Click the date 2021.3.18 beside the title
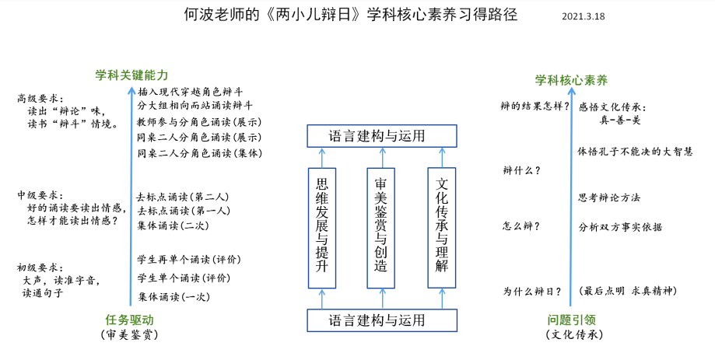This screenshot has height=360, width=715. (x=584, y=16)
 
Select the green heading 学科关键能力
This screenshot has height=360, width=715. (x=131, y=75)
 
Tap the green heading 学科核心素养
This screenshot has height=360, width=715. (x=571, y=80)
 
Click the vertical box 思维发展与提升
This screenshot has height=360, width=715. (x=322, y=228)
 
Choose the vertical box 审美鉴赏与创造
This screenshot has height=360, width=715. (x=380, y=228)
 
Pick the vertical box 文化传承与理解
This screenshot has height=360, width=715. (x=441, y=228)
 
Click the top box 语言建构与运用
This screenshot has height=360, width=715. (x=382, y=136)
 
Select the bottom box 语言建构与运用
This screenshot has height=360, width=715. (x=382, y=320)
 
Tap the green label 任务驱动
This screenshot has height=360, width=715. (x=129, y=320)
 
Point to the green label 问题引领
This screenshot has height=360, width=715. (x=572, y=320)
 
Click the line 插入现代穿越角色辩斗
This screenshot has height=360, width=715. (x=191, y=92)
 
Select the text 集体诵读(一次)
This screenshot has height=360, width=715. (x=173, y=297)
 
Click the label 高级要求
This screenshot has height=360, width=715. (x=40, y=99)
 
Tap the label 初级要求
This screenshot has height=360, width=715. (x=40, y=267)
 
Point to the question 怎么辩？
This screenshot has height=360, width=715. (x=521, y=226)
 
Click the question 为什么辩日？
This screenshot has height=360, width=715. (x=532, y=292)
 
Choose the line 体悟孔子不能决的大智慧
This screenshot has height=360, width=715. (x=635, y=152)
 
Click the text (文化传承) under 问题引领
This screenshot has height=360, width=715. (x=574, y=335)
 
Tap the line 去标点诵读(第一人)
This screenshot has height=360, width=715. (x=184, y=211)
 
